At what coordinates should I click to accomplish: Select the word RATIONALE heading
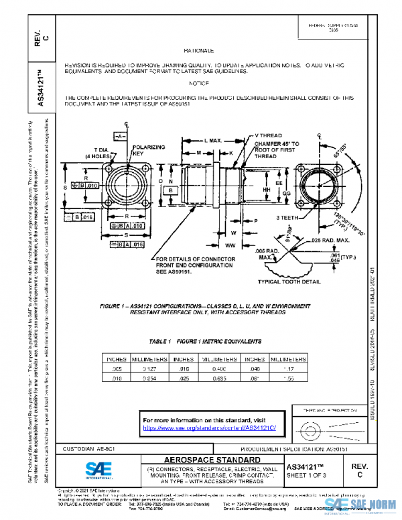(x=198, y=50)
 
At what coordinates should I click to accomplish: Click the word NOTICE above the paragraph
(x=198, y=83)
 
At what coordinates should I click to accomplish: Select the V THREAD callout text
(x=267, y=136)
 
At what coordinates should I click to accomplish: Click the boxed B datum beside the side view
(x=172, y=190)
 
